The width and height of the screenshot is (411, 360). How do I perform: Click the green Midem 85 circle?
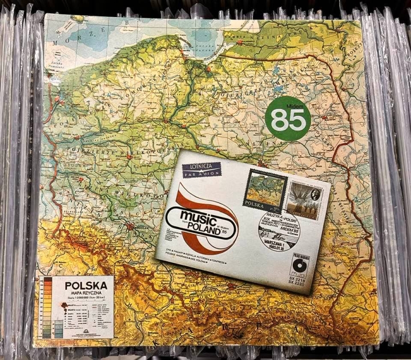[x=288, y=118]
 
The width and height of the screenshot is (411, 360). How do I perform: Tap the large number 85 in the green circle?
[x=288, y=122]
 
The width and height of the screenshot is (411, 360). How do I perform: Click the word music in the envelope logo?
[x=188, y=215]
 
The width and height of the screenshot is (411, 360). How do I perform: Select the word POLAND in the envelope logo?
[x=205, y=224]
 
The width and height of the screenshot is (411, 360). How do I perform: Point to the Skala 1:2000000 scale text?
[x=84, y=298]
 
